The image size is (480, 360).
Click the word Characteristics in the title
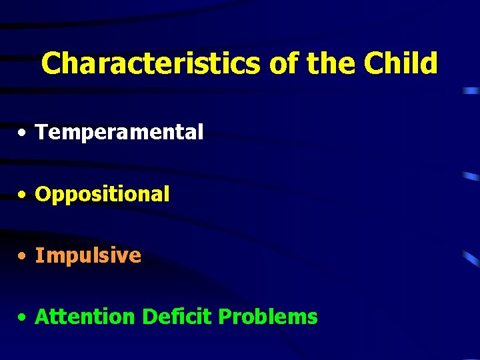point(151,64)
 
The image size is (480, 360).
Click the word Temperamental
point(119,133)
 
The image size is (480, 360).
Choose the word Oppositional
point(102,195)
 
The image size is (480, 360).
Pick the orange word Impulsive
point(88,255)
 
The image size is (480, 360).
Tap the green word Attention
point(85,317)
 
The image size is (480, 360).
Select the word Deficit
point(176,317)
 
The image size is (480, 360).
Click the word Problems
point(268,317)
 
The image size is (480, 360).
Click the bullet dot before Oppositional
point(23,195)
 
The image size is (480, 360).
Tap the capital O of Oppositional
point(43,195)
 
